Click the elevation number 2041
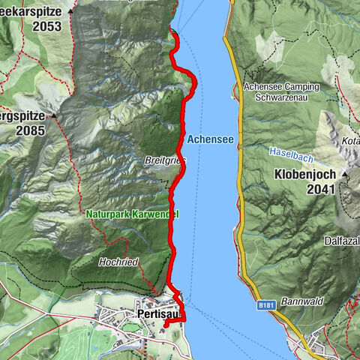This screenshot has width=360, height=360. pos(324,190)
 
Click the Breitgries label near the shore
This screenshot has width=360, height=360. pos(161,160)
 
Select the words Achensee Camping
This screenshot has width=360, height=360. pos(281,86)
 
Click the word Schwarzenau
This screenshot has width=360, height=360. pos(281,97)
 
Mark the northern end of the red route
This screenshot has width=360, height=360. pos(172,31)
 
